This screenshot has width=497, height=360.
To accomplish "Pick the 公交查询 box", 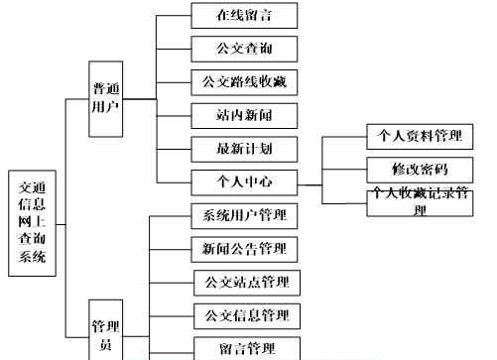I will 244,47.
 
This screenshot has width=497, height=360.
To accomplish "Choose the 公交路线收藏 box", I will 244,80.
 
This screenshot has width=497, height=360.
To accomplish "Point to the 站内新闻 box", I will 244,114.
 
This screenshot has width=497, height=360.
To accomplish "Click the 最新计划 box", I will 244,148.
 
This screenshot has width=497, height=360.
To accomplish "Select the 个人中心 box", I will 244,182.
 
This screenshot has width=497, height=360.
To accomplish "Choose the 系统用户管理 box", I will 244,215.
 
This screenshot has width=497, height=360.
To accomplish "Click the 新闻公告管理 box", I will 244,248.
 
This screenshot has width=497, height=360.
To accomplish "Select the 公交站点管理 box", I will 244,283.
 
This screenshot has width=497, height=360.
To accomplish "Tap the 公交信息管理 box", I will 244,316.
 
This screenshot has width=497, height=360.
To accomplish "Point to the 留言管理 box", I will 244,348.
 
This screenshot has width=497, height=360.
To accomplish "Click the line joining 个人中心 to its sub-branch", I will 310,183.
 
